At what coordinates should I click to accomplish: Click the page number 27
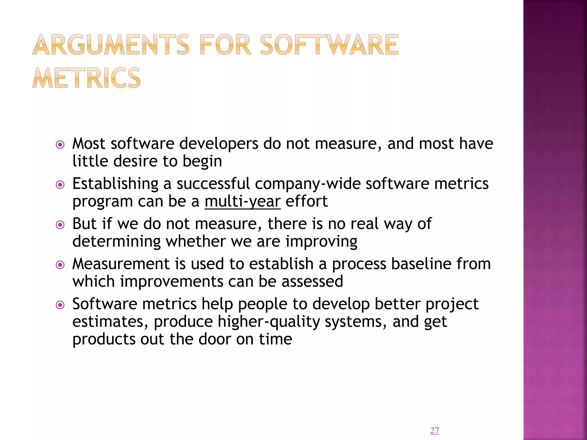tap(435, 431)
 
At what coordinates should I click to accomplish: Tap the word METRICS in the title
tap(87, 78)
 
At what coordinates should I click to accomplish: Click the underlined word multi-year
tap(242, 201)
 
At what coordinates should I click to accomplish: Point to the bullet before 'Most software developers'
tap(60, 145)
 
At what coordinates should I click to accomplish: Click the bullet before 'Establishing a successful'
tap(60, 185)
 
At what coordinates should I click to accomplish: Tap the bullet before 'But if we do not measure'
tap(60, 225)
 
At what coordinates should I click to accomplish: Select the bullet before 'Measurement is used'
tap(60, 265)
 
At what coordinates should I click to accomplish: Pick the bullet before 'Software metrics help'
tap(60, 305)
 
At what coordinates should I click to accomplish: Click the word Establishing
tap(115, 184)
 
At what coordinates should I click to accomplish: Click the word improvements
tap(171, 282)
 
